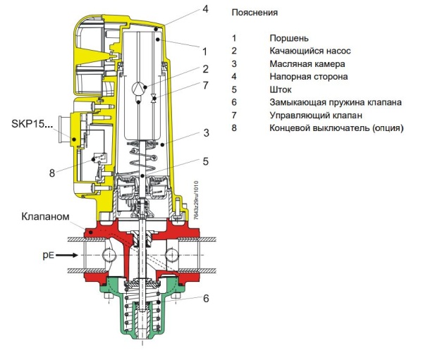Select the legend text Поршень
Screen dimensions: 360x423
[289, 38]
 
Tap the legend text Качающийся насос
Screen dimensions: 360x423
[309, 51]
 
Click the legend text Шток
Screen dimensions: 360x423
[281, 89]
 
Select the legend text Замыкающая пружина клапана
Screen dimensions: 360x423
[336, 102]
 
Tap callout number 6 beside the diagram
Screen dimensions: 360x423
[205, 298]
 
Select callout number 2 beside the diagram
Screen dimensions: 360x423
[205, 69]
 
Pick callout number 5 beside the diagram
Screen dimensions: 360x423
[205, 161]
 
